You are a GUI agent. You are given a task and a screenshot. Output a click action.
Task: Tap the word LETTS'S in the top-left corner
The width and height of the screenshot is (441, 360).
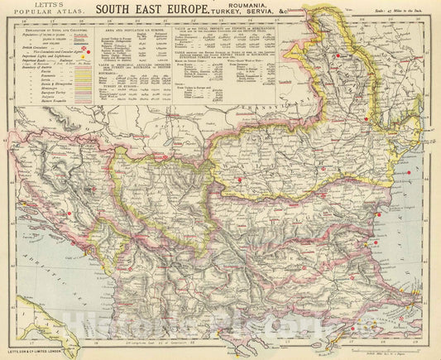point(30,7)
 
